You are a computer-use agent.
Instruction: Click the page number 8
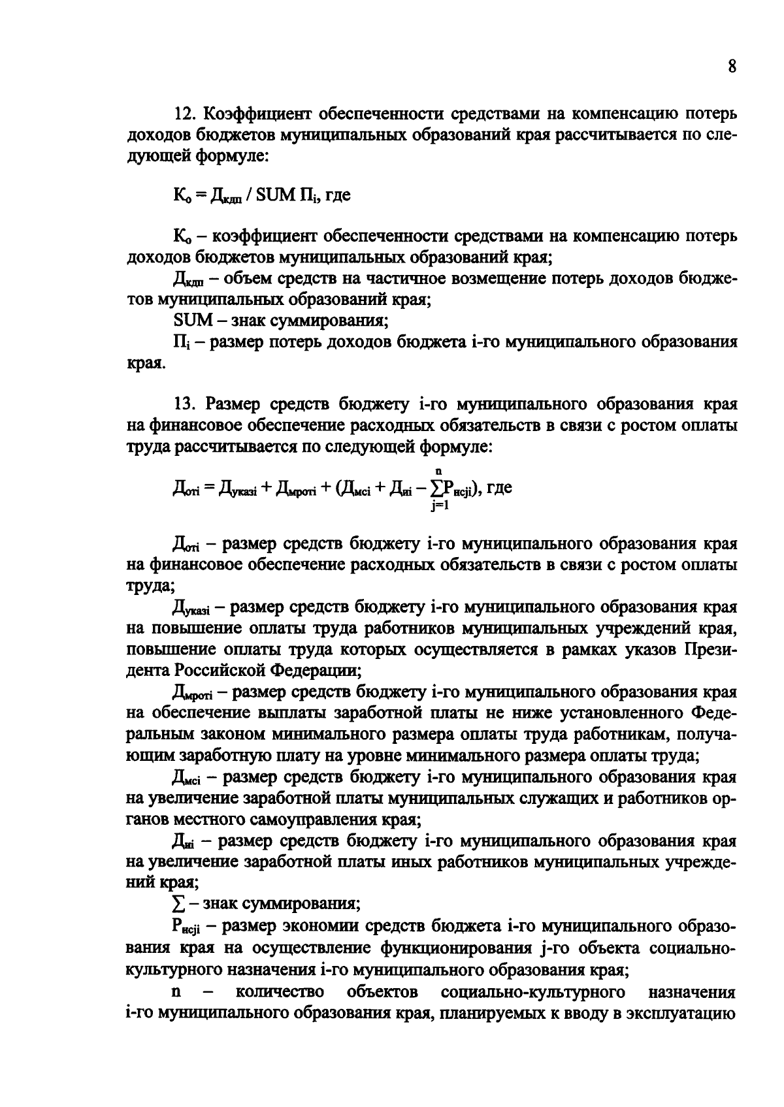[x=732, y=67]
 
